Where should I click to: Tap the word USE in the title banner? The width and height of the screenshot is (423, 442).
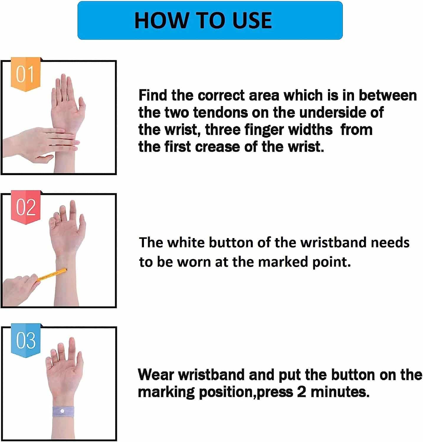252,21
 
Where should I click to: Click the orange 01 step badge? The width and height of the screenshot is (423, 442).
25,74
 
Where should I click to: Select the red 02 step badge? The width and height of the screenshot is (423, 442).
26,207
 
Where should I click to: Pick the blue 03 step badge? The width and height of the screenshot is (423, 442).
26,340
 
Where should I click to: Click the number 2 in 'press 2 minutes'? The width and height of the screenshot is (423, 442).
301,392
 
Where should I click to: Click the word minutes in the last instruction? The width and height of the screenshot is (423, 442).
340,392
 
